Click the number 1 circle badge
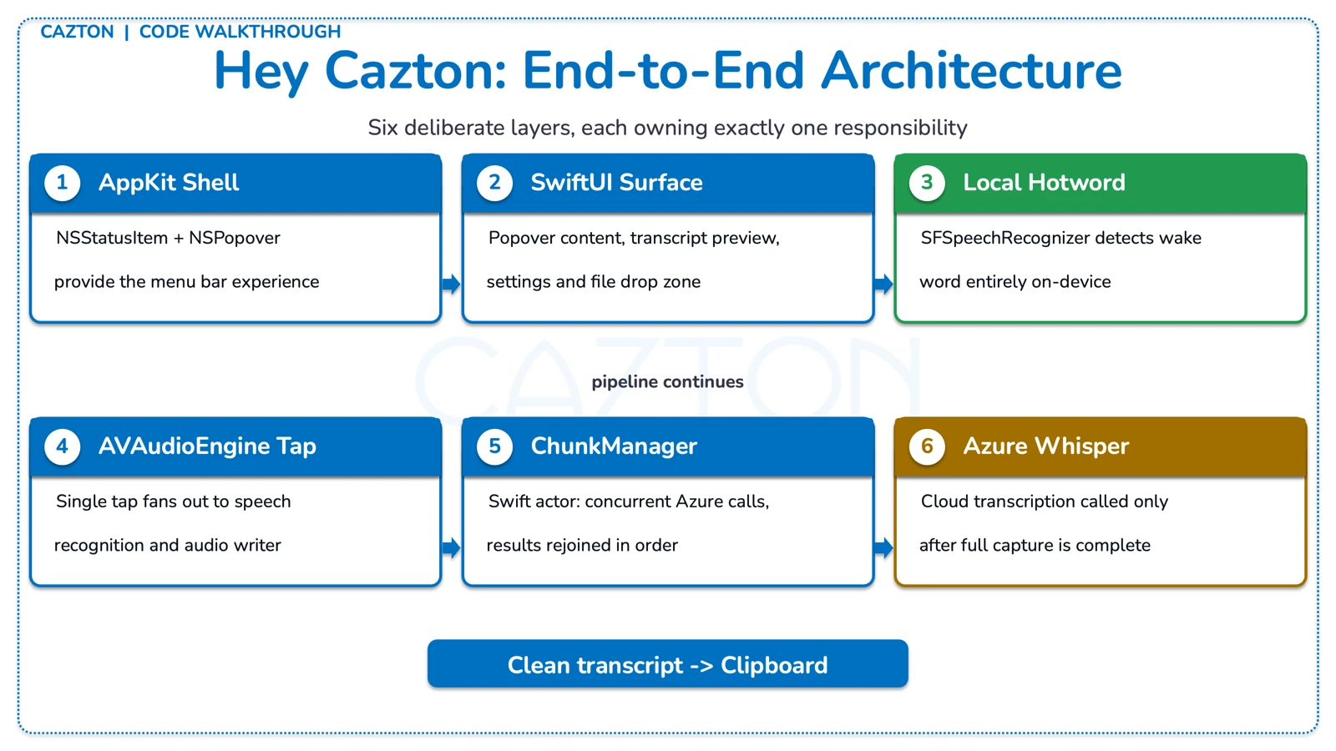tap(62, 183)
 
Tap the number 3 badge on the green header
tap(927, 183)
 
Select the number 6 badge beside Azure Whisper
tap(927, 446)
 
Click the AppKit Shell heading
tap(169, 183)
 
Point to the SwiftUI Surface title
tap(616, 183)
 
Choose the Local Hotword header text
tap(1044, 183)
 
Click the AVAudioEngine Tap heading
tap(207, 446)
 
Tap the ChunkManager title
tap(614, 446)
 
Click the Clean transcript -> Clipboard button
tap(667, 664)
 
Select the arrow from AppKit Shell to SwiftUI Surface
tap(451, 285)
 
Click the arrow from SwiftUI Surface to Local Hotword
tap(883, 285)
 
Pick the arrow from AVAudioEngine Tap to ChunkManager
tap(451, 548)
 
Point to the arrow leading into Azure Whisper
tap(883, 548)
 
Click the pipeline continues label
tap(667, 382)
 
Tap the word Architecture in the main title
tap(971, 71)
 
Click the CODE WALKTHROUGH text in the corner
tap(240, 32)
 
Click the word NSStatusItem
tap(112, 238)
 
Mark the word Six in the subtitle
tap(382, 128)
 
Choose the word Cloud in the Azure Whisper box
tap(944, 502)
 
